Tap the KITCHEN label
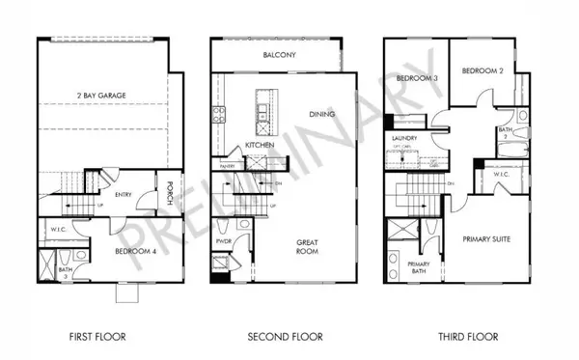(261, 145)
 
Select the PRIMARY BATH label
(418, 267)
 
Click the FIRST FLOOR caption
(98, 337)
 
